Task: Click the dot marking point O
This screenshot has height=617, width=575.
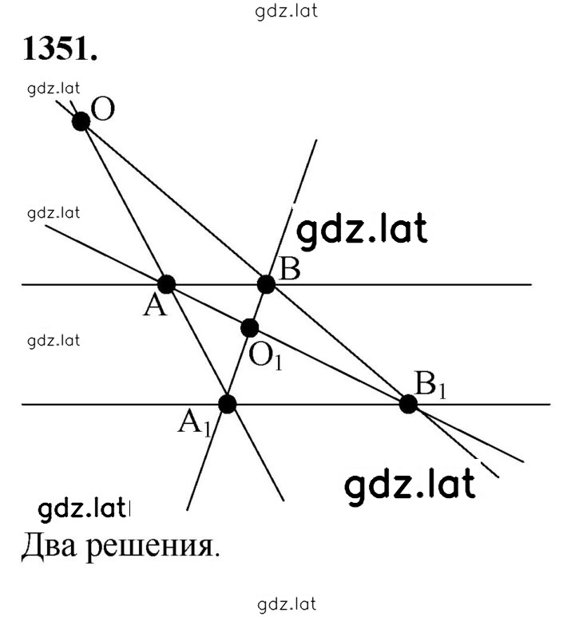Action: [x=81, y=121]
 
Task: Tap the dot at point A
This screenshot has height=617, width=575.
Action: [x=167, y=284]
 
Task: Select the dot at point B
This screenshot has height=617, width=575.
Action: [x=266, y=284]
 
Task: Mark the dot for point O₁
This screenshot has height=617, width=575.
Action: [x=250, y=328]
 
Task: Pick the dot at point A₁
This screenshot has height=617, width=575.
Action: [x=228, y=404]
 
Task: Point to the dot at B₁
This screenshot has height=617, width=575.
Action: [x=408, y=404]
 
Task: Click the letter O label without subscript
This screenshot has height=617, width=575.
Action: [x=103, y=109]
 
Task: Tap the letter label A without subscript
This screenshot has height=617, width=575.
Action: [x=155, y=306]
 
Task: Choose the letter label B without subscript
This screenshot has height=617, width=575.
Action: [x=289, y=269]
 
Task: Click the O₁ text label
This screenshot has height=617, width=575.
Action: [x=266, y=357]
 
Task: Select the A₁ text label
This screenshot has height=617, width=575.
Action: [x=195, y=423]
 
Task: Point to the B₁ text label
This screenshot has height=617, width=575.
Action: [x=431, y=385]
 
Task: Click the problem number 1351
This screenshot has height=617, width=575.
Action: [x=60, y=49]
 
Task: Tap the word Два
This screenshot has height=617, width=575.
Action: [x=49, y=546]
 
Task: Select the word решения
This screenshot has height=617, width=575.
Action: [x=153, y=547]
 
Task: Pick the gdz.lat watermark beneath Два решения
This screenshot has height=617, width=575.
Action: [x=287, y=604]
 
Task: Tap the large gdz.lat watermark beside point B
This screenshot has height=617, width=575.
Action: [x=362, y=230]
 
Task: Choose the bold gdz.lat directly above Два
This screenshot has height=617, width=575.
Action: [x=84, y=509]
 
